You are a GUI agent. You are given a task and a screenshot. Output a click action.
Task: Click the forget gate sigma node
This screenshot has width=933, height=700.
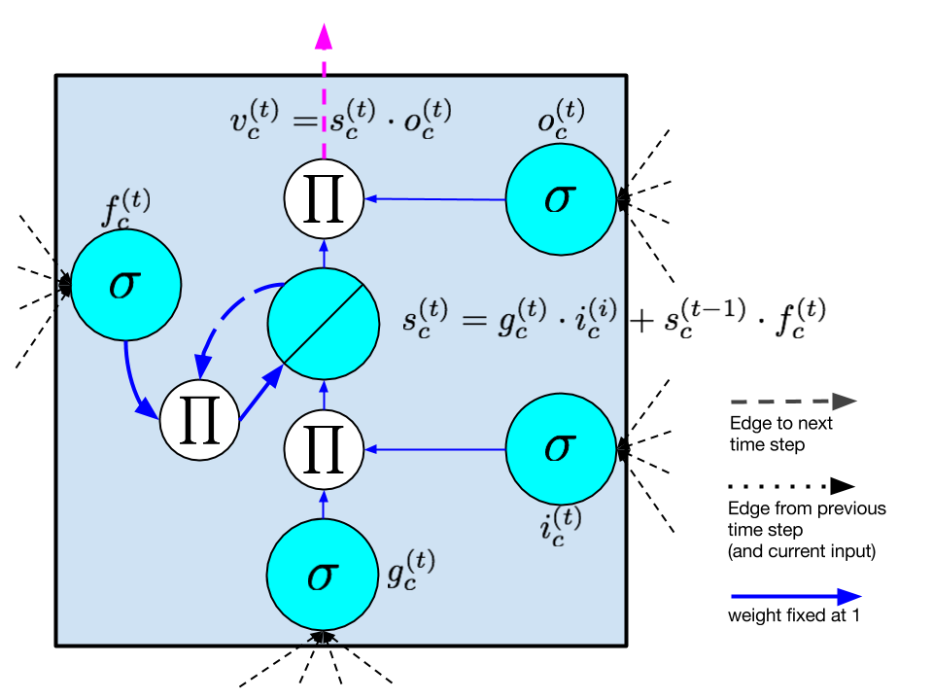(125, 285)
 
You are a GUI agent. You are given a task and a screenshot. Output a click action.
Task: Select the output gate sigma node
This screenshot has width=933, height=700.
(561, 199)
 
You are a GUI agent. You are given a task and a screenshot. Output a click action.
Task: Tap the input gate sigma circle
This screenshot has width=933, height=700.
(561, 449)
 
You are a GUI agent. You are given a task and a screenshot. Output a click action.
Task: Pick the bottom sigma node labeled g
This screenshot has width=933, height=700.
(323, 575)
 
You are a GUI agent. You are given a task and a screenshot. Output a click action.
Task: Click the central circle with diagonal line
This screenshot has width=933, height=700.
(323, 324)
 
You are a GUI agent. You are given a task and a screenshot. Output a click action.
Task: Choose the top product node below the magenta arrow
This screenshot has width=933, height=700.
(324, 198)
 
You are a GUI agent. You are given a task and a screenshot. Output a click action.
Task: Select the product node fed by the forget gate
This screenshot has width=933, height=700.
(199, 421)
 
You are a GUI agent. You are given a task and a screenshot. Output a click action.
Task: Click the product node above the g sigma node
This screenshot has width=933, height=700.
(324, 449)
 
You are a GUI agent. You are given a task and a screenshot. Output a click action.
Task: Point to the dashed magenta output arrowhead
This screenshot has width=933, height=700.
(324, 37)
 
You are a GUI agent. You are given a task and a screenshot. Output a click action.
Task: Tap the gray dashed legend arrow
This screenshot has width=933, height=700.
(793, 402)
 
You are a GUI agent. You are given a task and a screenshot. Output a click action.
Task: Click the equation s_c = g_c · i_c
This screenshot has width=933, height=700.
(509, 318)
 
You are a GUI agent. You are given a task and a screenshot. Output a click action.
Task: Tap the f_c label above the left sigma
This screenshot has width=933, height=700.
(126, 209)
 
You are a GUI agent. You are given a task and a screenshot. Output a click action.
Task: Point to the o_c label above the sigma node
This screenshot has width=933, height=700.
(562, 120)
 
